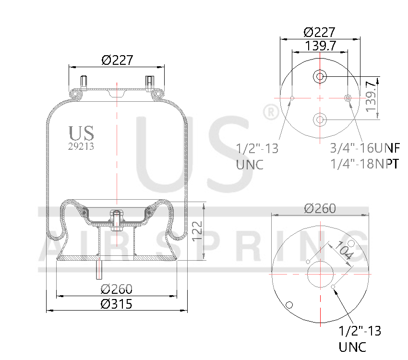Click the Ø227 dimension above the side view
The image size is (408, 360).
point(117,60)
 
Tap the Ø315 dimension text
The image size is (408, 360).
point(117,304)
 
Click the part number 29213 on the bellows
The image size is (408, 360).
point(81,147)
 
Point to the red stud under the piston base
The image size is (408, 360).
point(99,269)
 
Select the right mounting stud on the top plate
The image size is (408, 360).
point(148,82)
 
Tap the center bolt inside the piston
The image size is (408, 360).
point(116,217)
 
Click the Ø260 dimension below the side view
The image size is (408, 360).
point(117,289)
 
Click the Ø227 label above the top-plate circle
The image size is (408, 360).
point(320,32)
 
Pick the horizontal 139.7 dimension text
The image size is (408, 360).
point(320,46)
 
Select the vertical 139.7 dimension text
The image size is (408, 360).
point(371,96)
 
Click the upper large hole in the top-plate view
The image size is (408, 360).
point(320,76)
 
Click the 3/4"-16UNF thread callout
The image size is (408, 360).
point(365,148)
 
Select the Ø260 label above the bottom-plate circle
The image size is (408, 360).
point(320,208)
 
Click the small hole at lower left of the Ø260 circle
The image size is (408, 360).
point(289,305)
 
